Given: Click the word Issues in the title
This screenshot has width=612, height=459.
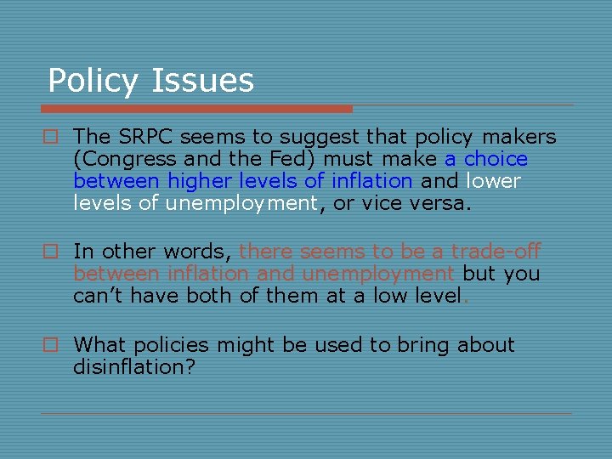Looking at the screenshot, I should pos(202,81).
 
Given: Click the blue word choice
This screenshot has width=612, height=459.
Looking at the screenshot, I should pos(496,159).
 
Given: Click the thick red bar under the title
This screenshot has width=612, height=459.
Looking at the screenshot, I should pos(196,109).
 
